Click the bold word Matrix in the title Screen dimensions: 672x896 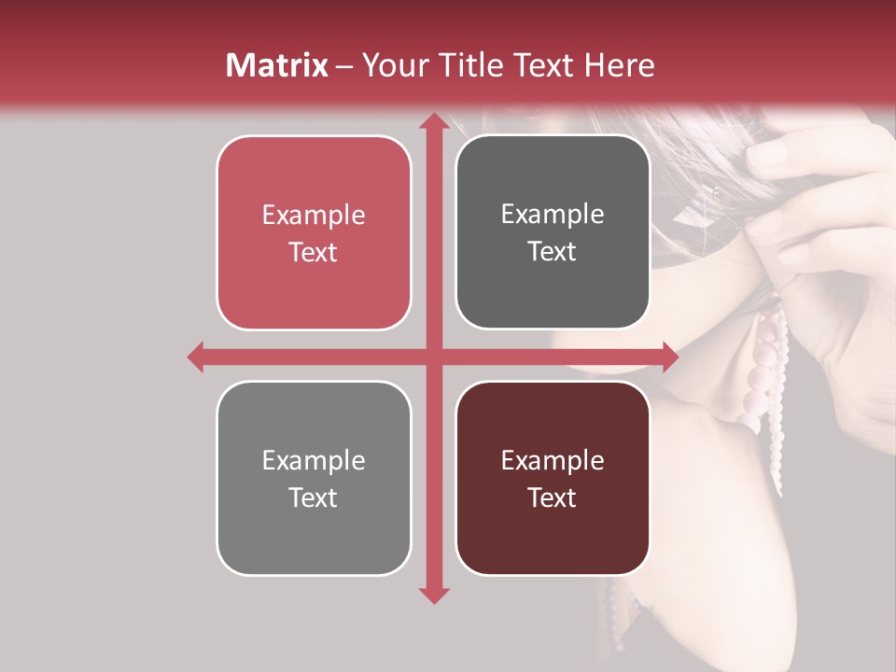click(x=277, y=65)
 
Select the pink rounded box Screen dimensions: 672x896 click(x=314, y=233)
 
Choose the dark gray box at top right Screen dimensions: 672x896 click(x=553, y=232)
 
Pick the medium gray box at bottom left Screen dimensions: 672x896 click(x=314, y=478)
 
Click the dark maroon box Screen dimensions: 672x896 click(x=553, y=478)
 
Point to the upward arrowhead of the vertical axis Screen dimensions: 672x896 click(x=433, y=122)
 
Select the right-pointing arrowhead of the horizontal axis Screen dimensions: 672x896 click(x=669, y=357)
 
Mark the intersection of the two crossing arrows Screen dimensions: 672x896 click(x=433, y=357)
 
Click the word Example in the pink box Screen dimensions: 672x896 click(x=314, y=216)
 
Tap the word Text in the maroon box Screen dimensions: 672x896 click(x=553, y=497)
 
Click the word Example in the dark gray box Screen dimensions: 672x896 click(x=553, y=215)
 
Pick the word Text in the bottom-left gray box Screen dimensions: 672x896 click(x=314, y=497)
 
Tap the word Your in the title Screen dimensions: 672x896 click(x=389, y=65)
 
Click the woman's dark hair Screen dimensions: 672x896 click(x=709, y=177)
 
